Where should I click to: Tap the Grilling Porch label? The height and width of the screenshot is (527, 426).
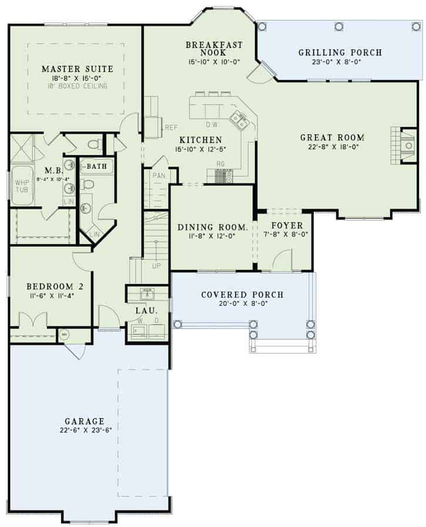click(x=340, y=53)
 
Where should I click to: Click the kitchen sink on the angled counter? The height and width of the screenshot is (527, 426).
click(x=239, y=119)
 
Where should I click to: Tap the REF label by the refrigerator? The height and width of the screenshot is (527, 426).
click(x=171, y=127)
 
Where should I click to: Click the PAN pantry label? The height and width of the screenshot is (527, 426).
click(x=159, y=175)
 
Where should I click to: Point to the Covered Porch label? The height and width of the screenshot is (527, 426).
click(x=242, y=295)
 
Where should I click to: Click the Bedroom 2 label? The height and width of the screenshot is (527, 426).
click(x=51, y=286)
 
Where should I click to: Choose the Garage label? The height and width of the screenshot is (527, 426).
click(x=85, y=421)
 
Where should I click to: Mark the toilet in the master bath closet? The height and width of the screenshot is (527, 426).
click(x=95, y=144)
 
